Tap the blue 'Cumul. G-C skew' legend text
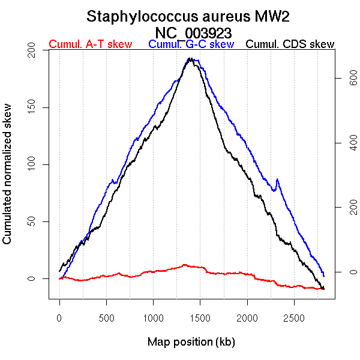(191, 44)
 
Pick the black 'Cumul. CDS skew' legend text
(290, 44)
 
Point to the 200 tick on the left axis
(38, 53)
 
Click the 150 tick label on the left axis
(38, 108)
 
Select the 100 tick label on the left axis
(38, 164)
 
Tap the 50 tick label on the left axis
(38, 221)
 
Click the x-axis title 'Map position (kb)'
(191, 343)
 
